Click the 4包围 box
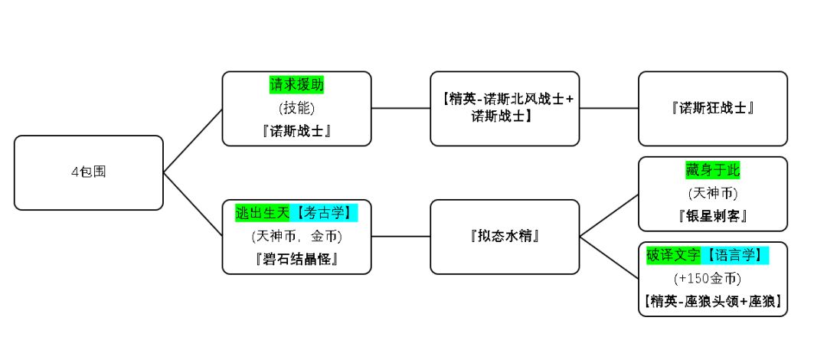click(x=88, y=172)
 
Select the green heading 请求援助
click(x=296, y=84)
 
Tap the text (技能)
click(x=296, y=108)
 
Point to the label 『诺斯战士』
click(x=296, y=131)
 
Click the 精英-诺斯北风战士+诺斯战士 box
click(x=505, y=108)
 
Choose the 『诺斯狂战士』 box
click(x=712, y=108)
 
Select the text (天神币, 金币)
click(x=296, y=236)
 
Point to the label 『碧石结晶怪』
click(x=296, y=259)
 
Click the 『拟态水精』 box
click(x=505, y=236)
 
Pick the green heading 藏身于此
click(x=712, y=170)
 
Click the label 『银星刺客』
click(x=712, y=216)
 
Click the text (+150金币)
click(x=712, y=278)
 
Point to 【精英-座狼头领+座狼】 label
click(x=712, y=301)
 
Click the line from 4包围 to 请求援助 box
click(x=193, y=140)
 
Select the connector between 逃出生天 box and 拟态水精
click(x=400, y=236)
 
